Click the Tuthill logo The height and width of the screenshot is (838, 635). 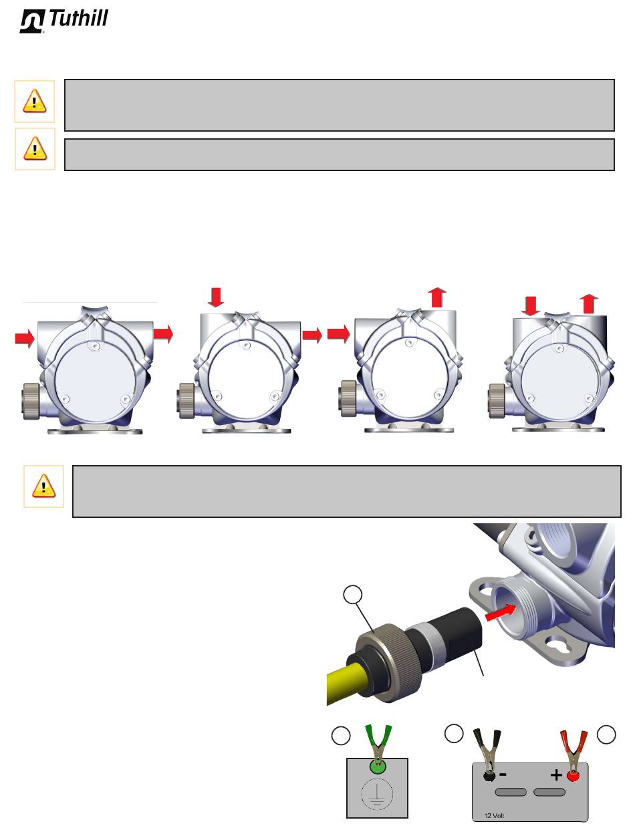(63, 21)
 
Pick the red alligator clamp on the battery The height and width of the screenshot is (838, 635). (573, 750)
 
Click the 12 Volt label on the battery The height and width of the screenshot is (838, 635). (494, 815)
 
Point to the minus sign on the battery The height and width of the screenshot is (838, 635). (503, 775)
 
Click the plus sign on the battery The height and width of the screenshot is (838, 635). (556, 775)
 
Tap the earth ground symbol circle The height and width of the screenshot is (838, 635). (377, 794)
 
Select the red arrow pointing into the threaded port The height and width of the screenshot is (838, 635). (500, 611)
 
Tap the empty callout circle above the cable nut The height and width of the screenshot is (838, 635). (352, 594)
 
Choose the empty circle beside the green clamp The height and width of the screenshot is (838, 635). (341, 735)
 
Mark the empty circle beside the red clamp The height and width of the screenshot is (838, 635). (606, 734)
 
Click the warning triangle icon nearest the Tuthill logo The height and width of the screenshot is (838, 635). (35, 101)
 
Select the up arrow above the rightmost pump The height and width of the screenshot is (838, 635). (588, 304)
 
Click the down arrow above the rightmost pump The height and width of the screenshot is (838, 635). (531, 306)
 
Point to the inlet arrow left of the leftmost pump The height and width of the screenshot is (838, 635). (25, 338)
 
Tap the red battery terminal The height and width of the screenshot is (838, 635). (573, 776)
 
